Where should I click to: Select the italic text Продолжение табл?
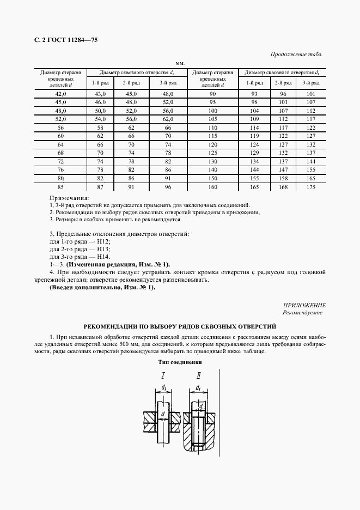point(296,54)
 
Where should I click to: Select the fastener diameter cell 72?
point(60,161)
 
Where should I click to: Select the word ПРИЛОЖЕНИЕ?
point(304,306)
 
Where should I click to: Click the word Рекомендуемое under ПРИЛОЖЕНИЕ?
point(302,313)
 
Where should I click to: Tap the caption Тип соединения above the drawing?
point(180,362)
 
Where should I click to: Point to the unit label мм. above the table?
point(180,63)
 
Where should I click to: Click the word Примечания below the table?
point(69,198)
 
